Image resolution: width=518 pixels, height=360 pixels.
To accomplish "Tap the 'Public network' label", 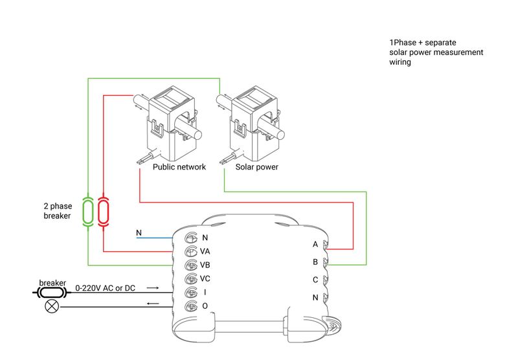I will click(179, 167).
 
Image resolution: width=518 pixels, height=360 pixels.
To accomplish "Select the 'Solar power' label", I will click(257, 167).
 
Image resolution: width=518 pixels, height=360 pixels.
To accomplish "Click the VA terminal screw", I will click(191, 251).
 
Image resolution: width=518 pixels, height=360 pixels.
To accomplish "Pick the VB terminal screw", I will click(191, 265).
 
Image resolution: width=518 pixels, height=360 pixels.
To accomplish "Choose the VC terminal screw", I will click(191, 278).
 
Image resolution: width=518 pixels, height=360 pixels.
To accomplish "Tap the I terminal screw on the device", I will click(191, 292).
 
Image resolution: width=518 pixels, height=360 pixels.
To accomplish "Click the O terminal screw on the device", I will click(191, 306).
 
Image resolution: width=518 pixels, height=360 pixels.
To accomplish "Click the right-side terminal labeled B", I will click(326, 262).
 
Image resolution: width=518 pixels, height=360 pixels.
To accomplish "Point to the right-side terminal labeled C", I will click(326, 280).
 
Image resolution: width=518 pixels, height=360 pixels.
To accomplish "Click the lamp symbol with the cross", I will click(50, 306).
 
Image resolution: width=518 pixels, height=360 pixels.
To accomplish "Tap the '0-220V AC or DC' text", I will click(106, 287).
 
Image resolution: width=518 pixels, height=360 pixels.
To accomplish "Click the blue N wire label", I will click(139, 232).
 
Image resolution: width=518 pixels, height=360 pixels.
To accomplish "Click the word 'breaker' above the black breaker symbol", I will click(52, 283).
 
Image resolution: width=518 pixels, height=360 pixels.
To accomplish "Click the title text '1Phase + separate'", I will click(418, 42).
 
